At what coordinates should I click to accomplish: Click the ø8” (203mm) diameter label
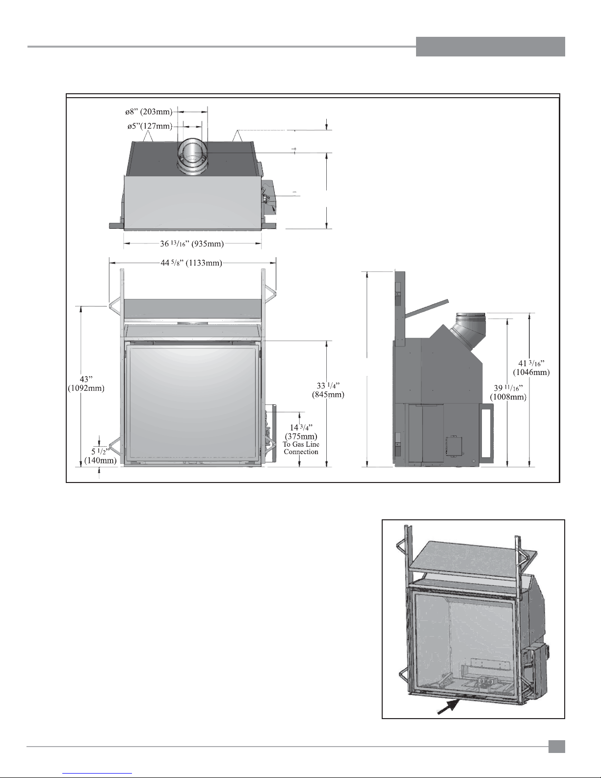[x=149, y=112]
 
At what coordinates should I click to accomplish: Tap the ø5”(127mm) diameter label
[x=150, y=126]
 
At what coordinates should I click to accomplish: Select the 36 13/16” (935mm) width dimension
[x=192, y=244]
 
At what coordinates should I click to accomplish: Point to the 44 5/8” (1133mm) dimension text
[x=191, y=263]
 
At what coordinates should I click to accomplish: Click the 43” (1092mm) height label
[x=86, y=383]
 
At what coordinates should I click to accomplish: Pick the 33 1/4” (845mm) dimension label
[x=328, y=390]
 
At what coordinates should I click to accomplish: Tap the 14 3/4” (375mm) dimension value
[x=301, y=432]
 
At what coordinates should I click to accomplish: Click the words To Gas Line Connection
[x=301, y=448]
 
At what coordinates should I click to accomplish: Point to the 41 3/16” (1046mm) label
[x=531, y=368]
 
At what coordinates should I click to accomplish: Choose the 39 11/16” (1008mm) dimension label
[x=508, y=392]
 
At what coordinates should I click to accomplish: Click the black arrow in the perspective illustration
[x=448, y=707]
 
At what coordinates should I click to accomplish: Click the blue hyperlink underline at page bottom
[x=97, y=773]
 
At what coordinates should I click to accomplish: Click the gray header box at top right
[x=491, y=47]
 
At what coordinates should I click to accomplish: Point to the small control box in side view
[x=454, y=446]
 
